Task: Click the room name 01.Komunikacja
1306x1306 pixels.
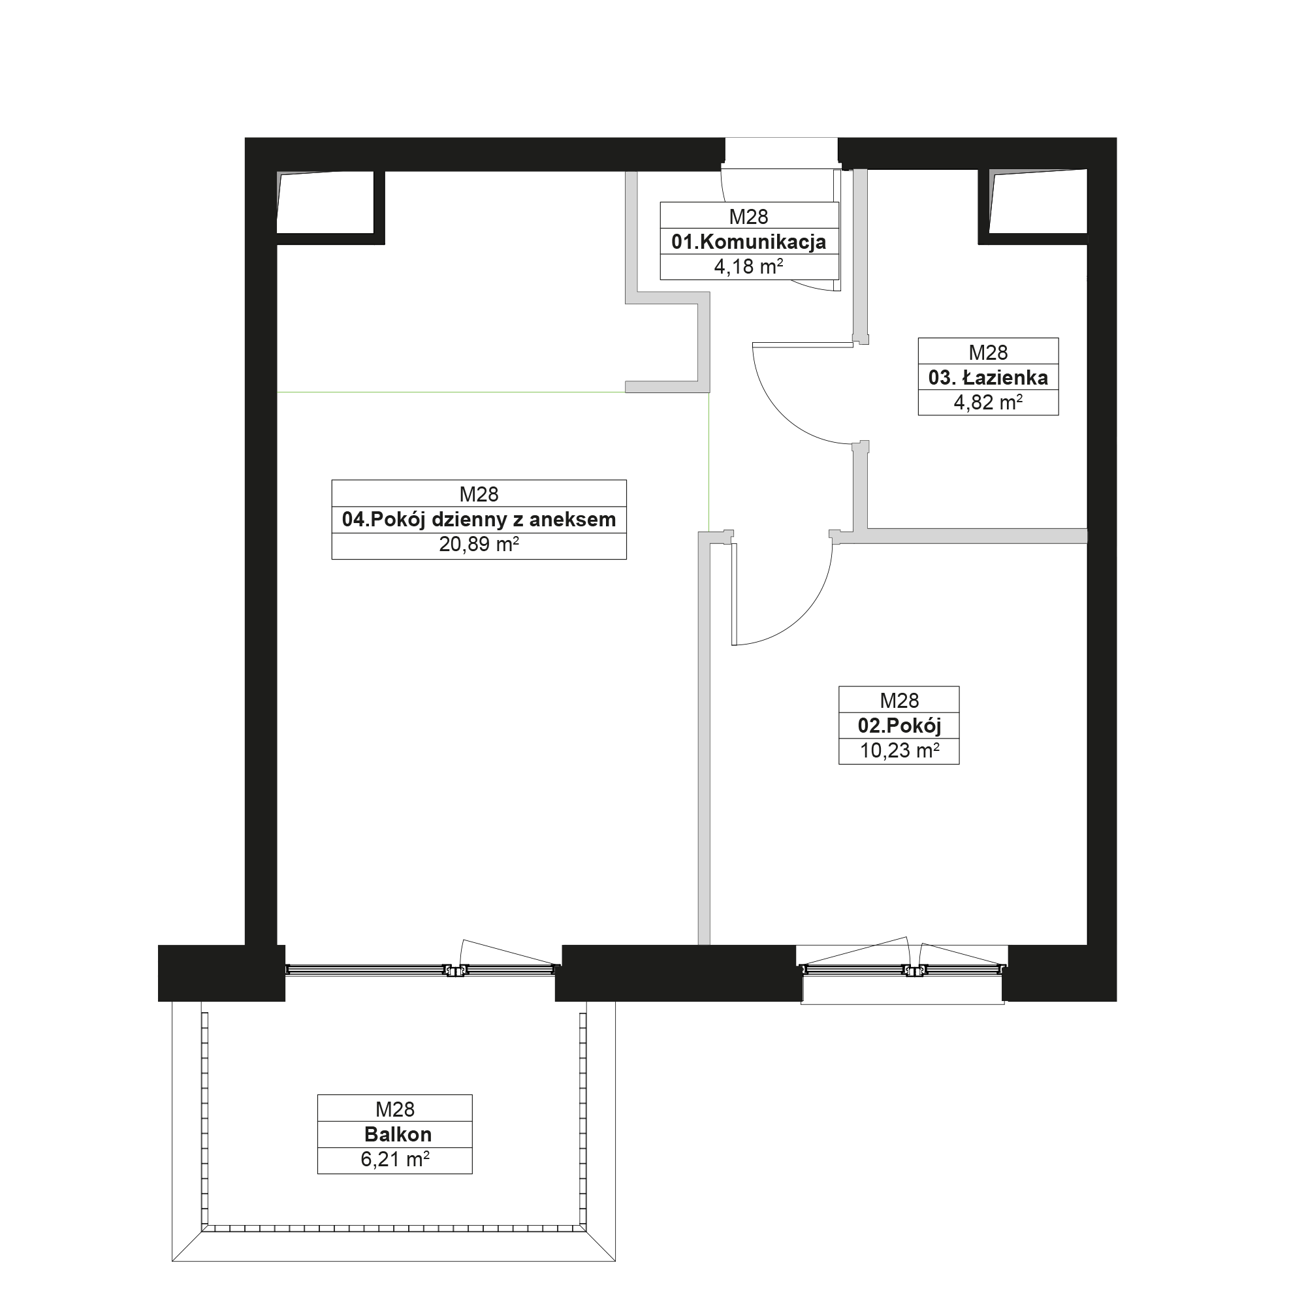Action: [x=748, y=242]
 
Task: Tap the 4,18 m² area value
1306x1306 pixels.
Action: [x=748, y=266]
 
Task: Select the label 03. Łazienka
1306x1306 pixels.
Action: [x=987, y=377]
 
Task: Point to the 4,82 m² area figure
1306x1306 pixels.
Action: [x=987, y=402]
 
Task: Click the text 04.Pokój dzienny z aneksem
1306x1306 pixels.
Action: [x=479, y=519]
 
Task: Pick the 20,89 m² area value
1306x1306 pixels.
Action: [x=479, y=544]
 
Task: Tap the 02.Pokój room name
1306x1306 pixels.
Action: [x=899, y=725]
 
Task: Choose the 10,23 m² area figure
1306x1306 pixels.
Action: [x=899, y=750]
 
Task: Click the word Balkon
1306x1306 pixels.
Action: [x=398, y=1134]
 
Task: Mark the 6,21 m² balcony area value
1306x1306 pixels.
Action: [x=395, y=1159]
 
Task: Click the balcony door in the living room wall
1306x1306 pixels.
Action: [x=420, y=970]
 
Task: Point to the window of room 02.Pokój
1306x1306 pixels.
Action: [x=902, y=970]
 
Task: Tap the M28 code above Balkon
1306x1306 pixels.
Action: [x=395, y=1109]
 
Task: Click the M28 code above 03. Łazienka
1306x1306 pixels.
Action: [x=987, y=352]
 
